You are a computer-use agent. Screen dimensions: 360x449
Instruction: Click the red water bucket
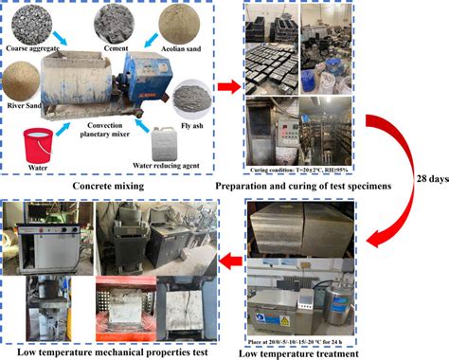coord(38,139)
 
